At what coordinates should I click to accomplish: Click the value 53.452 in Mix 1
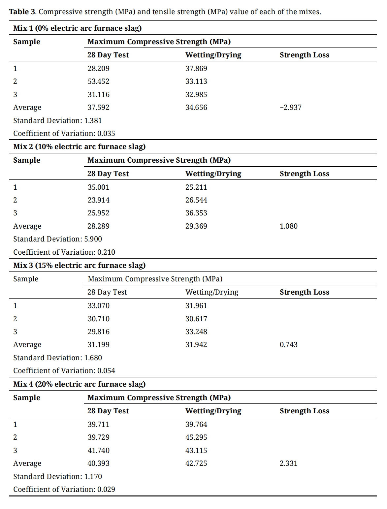98,81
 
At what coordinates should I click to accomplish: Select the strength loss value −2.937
290,108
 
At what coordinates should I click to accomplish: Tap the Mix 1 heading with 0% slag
77,28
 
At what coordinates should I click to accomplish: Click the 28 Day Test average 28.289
98,226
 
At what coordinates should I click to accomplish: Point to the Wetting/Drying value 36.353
196,213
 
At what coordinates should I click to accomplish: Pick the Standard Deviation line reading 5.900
57,239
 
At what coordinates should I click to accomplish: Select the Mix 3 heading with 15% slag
79,266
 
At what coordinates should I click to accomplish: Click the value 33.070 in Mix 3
98,306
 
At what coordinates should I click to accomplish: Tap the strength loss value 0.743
288,345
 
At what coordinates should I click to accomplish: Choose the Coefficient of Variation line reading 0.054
64,371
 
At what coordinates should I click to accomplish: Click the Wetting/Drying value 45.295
196,437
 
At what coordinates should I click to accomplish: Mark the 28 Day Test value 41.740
98,451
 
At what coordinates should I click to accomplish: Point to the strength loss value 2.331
288,463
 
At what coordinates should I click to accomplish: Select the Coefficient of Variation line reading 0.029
64,490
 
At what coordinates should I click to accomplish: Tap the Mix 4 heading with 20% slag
79,384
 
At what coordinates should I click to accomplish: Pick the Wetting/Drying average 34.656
196,108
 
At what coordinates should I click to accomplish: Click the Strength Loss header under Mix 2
304,174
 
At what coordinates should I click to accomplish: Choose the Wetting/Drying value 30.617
196,319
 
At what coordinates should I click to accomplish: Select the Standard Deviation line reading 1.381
57,121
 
